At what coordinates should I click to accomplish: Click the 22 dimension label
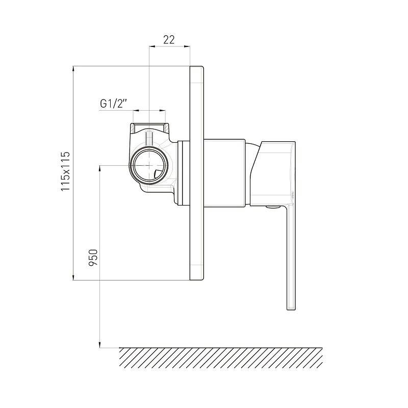click(169, 40)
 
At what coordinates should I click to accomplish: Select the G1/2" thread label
click(113, 104)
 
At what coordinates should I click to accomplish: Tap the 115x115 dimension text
click(65, 171)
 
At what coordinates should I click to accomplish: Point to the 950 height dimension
click(93, 258)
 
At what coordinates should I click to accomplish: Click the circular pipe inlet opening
click(149, 165)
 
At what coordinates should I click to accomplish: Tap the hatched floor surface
click(221, 358)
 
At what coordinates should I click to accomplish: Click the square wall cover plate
click(197, 173)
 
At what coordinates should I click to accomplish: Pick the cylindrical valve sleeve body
click(224, 173)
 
